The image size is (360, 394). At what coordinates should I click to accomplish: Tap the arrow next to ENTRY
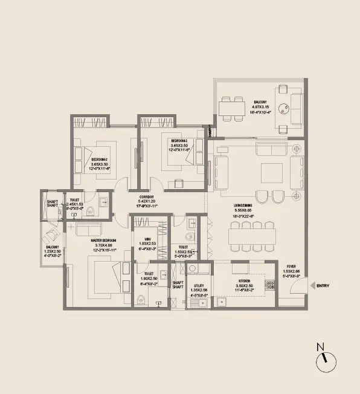[311, 285]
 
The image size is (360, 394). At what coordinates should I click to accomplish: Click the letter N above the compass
[321, 347]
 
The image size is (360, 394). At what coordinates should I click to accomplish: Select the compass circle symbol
[324, 363]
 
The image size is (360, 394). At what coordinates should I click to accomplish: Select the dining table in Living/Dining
[252, 234]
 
